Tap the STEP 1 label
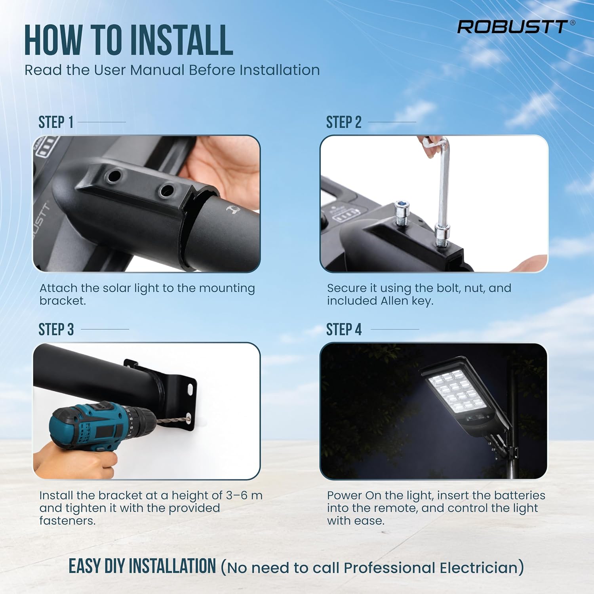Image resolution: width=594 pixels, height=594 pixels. (56, 122)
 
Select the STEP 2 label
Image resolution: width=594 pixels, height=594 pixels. (344, 122)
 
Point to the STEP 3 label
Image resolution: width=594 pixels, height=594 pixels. (56, 329)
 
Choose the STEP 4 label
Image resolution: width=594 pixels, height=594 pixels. (344, 329)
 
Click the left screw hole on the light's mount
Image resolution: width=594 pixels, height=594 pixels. (114, 175)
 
